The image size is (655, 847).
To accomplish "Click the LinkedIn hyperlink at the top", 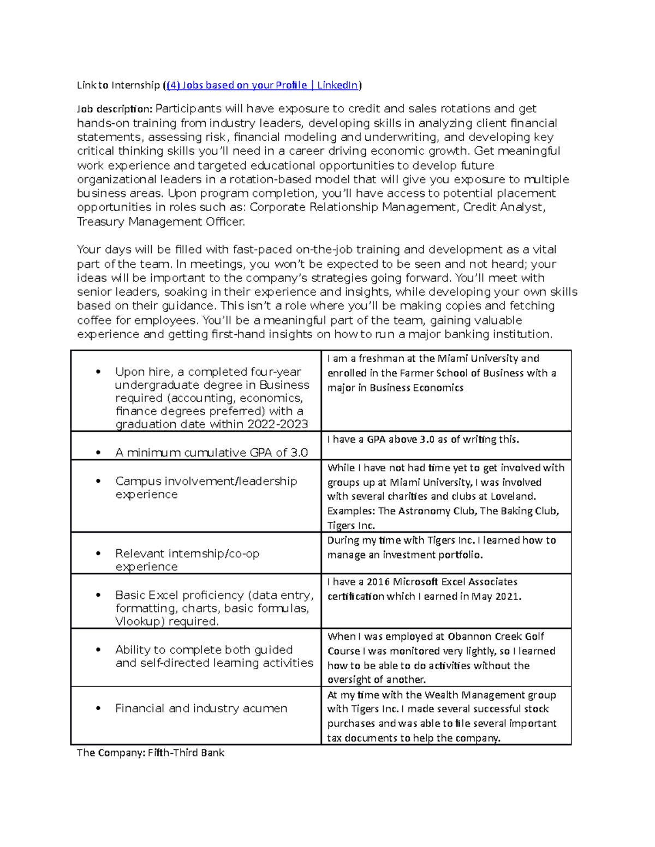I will tap(262, 85).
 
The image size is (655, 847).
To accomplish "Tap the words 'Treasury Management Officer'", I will tap(160, 222).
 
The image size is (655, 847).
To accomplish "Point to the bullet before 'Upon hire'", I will tap(98, 372).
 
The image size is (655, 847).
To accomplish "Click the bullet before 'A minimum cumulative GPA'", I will tap(98, 453).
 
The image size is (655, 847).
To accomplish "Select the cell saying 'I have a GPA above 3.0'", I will tap(423, 440).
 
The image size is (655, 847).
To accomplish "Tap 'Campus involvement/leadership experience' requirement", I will tap(206, 488).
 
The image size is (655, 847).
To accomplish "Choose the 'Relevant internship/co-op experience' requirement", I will tap(187, 560).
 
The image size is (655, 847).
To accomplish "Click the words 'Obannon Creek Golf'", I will tap(496, 636).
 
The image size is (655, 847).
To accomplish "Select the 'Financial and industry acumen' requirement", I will tap(201, 708).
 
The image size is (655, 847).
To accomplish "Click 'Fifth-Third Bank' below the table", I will tap(186, 753).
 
